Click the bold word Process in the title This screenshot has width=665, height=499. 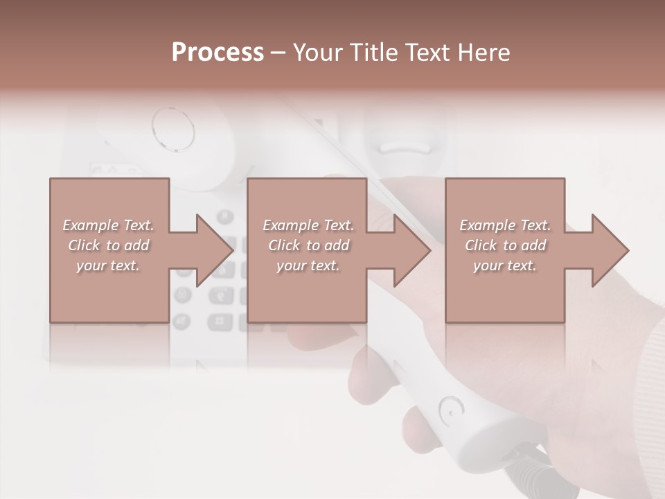click(x=218, y=52)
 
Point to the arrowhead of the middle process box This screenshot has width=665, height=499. click(x=411, y=250)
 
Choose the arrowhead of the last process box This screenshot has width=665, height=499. click(x=610, y=250)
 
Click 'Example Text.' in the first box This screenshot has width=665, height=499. click(x=108, y=225)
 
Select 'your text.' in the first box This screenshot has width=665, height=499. click(x=108, y=265)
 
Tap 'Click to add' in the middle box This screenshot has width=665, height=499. click(x=308, y=245)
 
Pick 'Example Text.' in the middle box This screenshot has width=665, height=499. click(x=308, y=225)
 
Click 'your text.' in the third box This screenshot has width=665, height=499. click(x=505, y=265)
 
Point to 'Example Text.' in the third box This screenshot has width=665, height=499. click(x=505, y=225)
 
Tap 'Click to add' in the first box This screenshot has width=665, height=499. click(x=108, y=245)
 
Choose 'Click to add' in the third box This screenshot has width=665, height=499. click(x=505, y=245)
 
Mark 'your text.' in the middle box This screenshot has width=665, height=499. click(x=308, y=265)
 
